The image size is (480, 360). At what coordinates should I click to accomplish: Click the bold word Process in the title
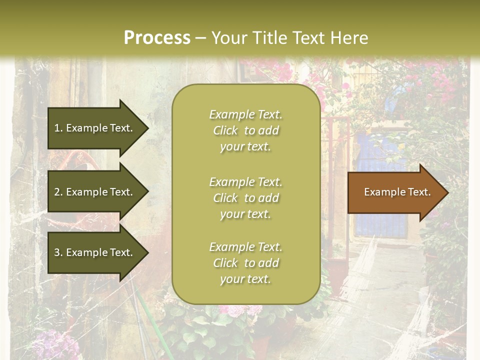pyautogui.click(x=157, y=38)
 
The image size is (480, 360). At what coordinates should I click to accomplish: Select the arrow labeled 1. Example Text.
pyautogui.click(x=95, y=128)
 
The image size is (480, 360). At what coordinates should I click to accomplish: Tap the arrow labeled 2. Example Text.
pyautogui.click(x=95, y=192)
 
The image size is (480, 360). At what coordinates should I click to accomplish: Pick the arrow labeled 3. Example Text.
pyautogui.click(x=95, y=252)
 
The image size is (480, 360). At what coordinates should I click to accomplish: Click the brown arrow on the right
pyautogui.click(x=395, y=192)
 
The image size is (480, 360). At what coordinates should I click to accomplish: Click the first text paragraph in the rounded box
pyautogui.click(x=245, y=130)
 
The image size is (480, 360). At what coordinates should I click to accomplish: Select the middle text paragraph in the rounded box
pyautogui.click(x=245, y=198)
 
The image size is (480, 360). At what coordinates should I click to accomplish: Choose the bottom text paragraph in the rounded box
pyautogui.click(x=245, y=263)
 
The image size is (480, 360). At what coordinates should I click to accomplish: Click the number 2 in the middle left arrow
pyautogui.click(x=57, y=192)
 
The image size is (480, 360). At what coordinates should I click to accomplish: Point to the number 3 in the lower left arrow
pyautogui.click(x=57, y=252)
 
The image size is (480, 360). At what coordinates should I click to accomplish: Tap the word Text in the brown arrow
pyautogui.click(x=419, y=192)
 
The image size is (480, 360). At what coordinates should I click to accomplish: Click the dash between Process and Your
pyautogui.click(x=200, y=38)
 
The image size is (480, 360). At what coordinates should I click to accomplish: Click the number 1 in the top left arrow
pyautogui.click(x=56, y=128)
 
